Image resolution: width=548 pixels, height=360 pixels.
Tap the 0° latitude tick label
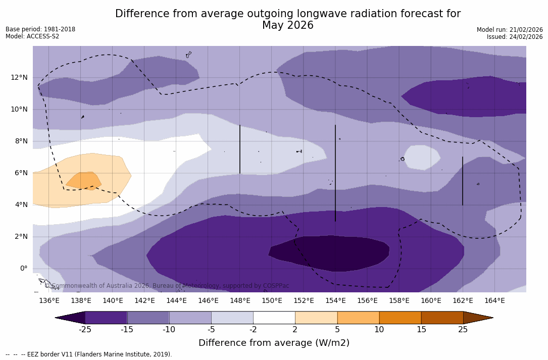click(x=23, y=269)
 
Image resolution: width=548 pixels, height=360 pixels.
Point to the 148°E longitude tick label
click(x=240, y=301)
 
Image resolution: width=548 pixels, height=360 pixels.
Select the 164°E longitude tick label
click(x=494, y=301)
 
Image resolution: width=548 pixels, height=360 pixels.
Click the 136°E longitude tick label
click(x=49, y=301)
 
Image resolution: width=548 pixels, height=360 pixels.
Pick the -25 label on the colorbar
click(x=85, y=330)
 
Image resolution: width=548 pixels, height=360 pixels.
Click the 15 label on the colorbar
click(x=421, y=330)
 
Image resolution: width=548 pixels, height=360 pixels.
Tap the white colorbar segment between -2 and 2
click(x=274, y=318)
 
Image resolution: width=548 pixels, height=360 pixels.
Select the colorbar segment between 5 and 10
click(x=358, y=318)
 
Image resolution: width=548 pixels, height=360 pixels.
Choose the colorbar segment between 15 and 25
click(x=442, y=318)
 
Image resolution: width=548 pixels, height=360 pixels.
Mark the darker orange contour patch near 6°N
click(x=83, y=180)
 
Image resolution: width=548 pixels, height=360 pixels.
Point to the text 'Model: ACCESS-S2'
click(x=32, y=36)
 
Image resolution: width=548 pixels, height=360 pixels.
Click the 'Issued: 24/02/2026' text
click(x=515, y=37)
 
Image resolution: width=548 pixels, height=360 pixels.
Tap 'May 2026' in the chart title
click(x=287, y=25)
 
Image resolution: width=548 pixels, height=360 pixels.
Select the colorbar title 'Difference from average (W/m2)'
click(x=274, y=343)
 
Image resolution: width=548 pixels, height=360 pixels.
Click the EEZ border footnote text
click(x=88, y=354)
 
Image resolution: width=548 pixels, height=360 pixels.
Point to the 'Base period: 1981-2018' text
click(x=40, y=29)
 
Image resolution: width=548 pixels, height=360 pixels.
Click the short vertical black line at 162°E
click(x=462, y=181)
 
